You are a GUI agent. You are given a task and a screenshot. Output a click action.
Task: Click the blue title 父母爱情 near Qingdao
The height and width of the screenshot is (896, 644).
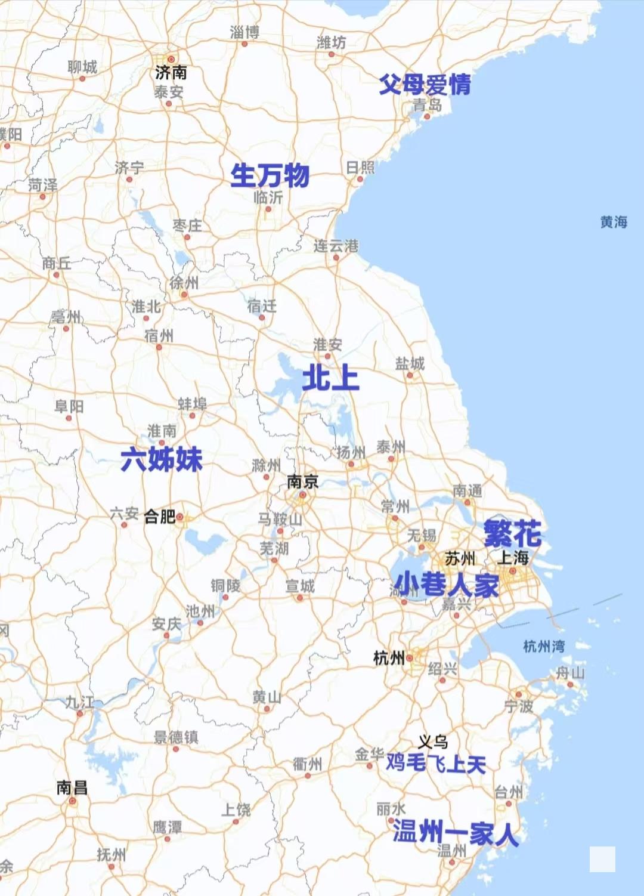[x=425, y=85]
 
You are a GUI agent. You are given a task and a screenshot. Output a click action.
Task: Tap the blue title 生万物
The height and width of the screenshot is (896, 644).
[x=270, y=175]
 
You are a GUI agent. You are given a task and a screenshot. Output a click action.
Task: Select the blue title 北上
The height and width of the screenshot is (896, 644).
[x=330, y=378]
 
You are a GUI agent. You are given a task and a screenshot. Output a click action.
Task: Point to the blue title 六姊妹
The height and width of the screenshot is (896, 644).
[x=162, y=459]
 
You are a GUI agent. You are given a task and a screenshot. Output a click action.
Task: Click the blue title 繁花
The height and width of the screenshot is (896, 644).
[x=512, y=533]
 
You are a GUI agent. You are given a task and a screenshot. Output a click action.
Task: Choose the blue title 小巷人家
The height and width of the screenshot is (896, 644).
[x=447, y=585]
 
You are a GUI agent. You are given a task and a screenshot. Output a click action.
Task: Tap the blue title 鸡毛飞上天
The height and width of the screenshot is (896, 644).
[x=436, y=763]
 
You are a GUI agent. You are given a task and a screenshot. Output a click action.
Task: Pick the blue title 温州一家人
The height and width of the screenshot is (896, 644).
[x=455, y=832]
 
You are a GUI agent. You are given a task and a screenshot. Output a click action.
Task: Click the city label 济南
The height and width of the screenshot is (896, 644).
[x=171, y=73]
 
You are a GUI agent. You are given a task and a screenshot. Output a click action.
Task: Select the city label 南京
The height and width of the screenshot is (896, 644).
[x=302, y=481]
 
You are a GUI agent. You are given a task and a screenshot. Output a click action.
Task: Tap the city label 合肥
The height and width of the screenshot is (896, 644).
[x=159, y=516]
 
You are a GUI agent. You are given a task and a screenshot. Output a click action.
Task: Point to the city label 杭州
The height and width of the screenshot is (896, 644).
[x=388, y=658]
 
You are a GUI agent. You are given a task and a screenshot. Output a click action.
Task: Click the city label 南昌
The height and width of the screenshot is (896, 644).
[x=72, y=787]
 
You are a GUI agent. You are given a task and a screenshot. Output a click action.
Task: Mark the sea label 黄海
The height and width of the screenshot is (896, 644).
[x=614, y=222]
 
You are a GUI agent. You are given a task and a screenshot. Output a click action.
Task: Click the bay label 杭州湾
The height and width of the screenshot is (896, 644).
[x=543, y=646]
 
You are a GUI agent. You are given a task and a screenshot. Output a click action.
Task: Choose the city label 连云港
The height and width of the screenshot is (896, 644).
[x=336, y=246]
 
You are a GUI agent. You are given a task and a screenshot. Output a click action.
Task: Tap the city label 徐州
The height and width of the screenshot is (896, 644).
[x=184, y=282]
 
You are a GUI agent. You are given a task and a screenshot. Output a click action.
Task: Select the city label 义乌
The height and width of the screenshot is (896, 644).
[x=432, y=741]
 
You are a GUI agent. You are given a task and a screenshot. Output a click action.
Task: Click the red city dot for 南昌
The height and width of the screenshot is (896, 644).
[x=72, y=801]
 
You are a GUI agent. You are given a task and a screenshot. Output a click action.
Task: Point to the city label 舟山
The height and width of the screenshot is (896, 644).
[x=570, y=673]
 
